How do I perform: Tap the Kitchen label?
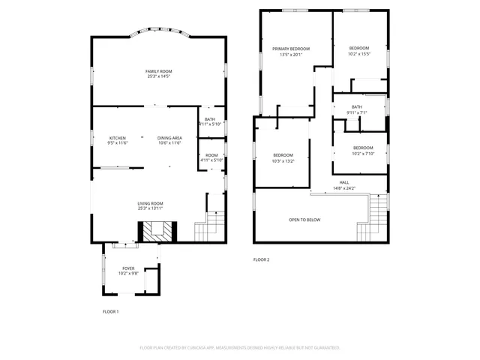coord(118,138)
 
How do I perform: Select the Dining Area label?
coord(169,138)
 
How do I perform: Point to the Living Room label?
coord(150,203)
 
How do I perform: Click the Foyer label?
coord(129,268)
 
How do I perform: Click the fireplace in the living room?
coord(157,233)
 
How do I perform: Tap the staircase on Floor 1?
coord(211,225)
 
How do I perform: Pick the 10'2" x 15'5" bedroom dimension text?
coord(359,54)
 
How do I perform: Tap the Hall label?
coord(344,182)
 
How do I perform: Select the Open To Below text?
coord(304,220)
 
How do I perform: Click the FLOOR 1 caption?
coord(110,311)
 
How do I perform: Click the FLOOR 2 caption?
coord(261,259)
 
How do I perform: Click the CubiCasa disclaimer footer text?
coord(240,348)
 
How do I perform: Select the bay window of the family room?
coord(157,33)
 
